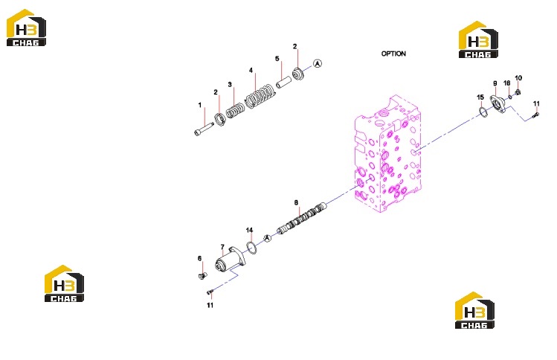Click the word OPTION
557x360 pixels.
click(393, 54)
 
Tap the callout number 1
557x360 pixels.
click(199, 105)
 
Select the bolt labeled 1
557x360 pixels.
click(204, 128)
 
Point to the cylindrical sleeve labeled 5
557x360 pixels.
click(284, 82)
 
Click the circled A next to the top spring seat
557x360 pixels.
click(318, 64)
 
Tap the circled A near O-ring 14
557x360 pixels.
click(268, 238)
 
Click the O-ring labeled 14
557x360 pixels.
click(251, 248)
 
